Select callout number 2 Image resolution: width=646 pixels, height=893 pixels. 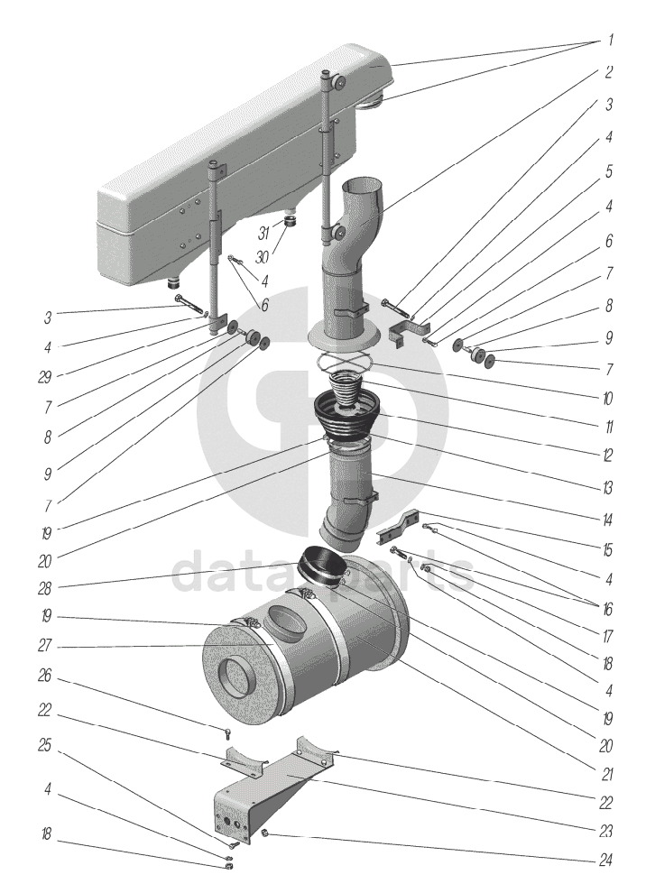pyautogui.click(x=610, y=71)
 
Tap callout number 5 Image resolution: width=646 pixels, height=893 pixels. pyautogui.click(x=610, y=170)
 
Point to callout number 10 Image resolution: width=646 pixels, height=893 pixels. pyautogui.click(x=609, y=397)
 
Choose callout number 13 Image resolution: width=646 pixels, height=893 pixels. pyautogui.click(x=609, y=488)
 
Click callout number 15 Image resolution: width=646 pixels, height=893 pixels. pyautogui.click(x=609, y=549)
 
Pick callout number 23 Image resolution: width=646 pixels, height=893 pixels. pyautogui.click(x=609, y=832)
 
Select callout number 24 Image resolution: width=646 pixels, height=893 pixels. pyautogui.click(x=609, y=861)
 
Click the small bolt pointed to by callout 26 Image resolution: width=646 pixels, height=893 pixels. pyautogui.click(x=228, y=731)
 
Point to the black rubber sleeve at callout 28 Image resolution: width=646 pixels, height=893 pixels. pyautogui.click(x=321, y=566)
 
